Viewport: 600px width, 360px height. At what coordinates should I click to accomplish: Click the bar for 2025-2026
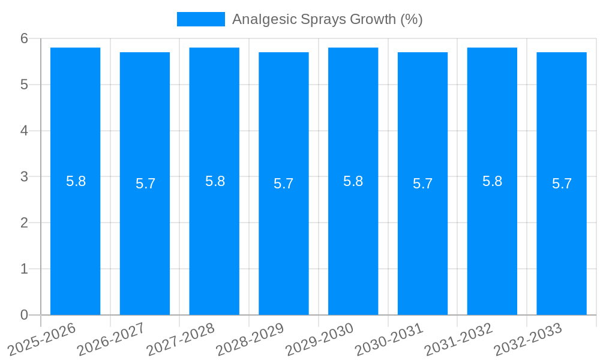[75, 240]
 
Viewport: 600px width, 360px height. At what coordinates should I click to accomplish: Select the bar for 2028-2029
[284, 240]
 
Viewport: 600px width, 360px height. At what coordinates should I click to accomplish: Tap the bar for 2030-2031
[422, 240]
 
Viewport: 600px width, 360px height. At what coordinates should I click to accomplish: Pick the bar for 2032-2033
[562, 240]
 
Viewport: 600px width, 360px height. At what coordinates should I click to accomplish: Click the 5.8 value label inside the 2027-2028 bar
[215, 181]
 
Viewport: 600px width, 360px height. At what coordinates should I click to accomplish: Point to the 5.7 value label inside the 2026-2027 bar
[145, 184]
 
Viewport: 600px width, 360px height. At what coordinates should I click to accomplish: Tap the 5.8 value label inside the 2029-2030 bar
[353, 181]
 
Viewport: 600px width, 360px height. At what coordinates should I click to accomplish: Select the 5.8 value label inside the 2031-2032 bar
[492, 181]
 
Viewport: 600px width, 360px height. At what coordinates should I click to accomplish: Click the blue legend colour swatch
[200, 19]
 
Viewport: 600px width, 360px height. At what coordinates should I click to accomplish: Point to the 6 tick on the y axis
[24, 38]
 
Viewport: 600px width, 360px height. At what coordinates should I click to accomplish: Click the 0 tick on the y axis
[24, 315]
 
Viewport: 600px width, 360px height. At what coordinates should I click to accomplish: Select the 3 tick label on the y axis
[24, 176]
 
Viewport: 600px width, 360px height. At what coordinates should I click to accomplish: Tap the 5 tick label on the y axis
[24, 85]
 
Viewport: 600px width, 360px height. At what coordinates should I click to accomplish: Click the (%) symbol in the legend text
[411, 19]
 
